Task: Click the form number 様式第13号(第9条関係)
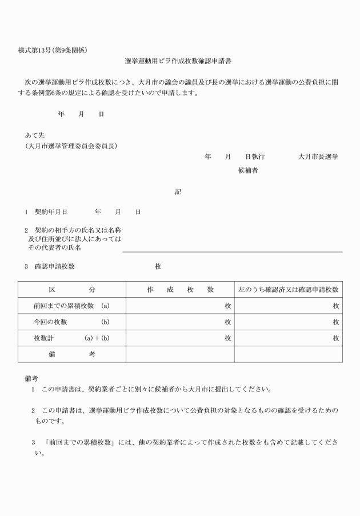pos(53,50)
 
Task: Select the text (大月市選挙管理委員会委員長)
pos(71,146)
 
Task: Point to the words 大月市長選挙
pos(318,157)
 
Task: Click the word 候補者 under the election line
pos(247,170)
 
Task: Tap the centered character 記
pos(178,192)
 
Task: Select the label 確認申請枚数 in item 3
pos(54,266)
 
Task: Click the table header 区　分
pos(72,290)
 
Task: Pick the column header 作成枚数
pos(180,290)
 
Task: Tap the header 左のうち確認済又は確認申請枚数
pos(289,290)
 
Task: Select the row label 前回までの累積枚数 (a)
pos(71,306)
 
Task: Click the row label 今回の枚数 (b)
pos(71,322)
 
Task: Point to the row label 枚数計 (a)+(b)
pos(71,338)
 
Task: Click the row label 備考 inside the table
pos(72,354)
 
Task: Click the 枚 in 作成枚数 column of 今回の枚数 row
pos(227,322)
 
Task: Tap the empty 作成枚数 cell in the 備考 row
pos(180,354)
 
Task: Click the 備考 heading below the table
pos(31,378)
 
